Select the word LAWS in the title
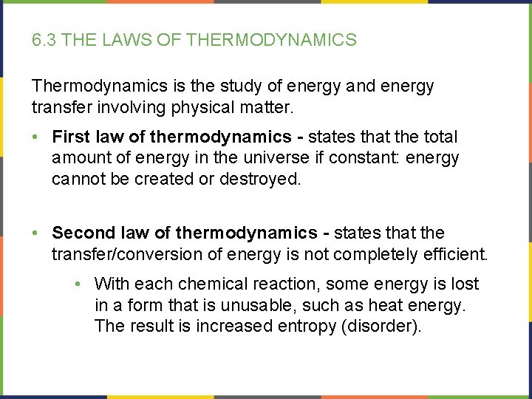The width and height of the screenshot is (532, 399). [x=127, y=40]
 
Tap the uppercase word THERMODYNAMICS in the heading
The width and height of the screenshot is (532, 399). [x=272, y=40]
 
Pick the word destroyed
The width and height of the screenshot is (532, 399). [x=260, y=180]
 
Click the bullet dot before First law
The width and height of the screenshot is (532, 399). [x=37, y=137]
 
